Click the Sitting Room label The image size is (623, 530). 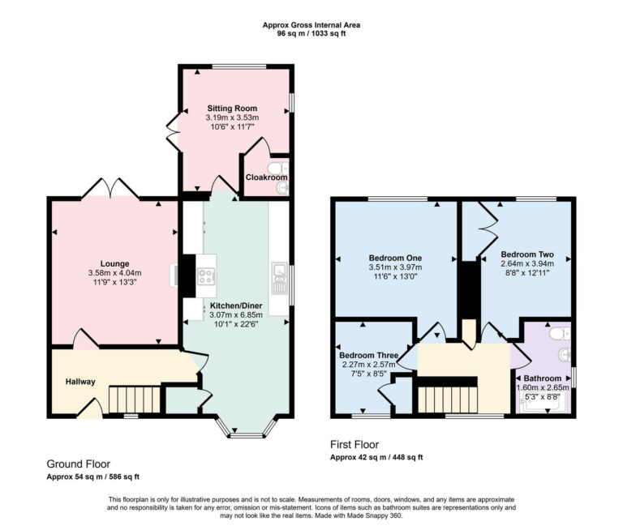[x=231, y=108]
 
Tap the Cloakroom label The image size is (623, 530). [x=266, y=177]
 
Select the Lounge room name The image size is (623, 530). [x=114, y=263]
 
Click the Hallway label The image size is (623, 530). [x=80, y=382]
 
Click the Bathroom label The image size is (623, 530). [x=543, y=378]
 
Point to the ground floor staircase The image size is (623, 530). [x=131, y=400]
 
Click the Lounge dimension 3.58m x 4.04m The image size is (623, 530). [x=114, y=273]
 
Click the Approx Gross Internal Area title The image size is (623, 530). [x=311, y=25]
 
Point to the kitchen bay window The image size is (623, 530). [x=247, y=434]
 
